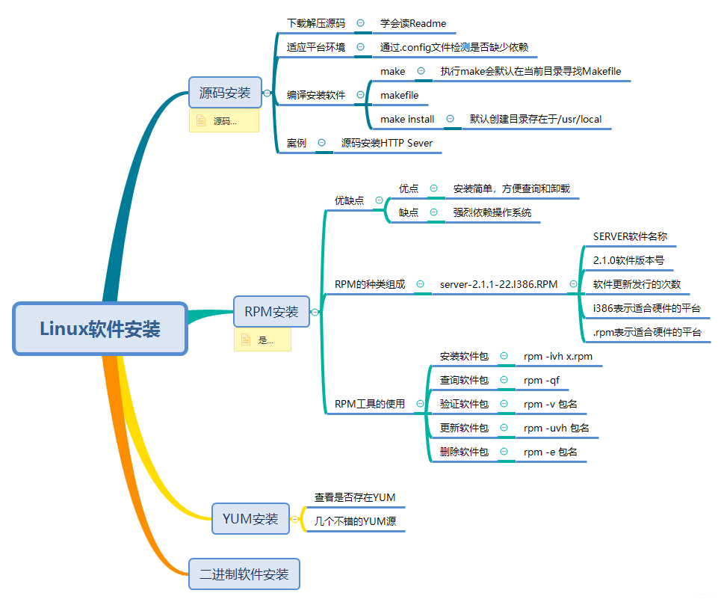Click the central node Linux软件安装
(100, 328)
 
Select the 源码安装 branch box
(225, 93)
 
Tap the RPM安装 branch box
(271, 311)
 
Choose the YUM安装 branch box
(250, 518)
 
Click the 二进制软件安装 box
(244, 574)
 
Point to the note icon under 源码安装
(200, 120)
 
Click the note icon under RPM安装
(246, 340)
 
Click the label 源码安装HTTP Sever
(387, 143)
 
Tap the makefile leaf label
(399, 95)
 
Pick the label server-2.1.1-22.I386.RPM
(498, 284)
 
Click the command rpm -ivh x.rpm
(557, 356)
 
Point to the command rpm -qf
(541, 380)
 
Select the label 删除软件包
(464, 452)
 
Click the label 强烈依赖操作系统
(492, 212)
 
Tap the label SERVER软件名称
(630, 236)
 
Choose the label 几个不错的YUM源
(355, 521)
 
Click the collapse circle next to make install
(451, 119)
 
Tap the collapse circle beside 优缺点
(379, 200)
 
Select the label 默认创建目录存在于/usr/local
(536, 119)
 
